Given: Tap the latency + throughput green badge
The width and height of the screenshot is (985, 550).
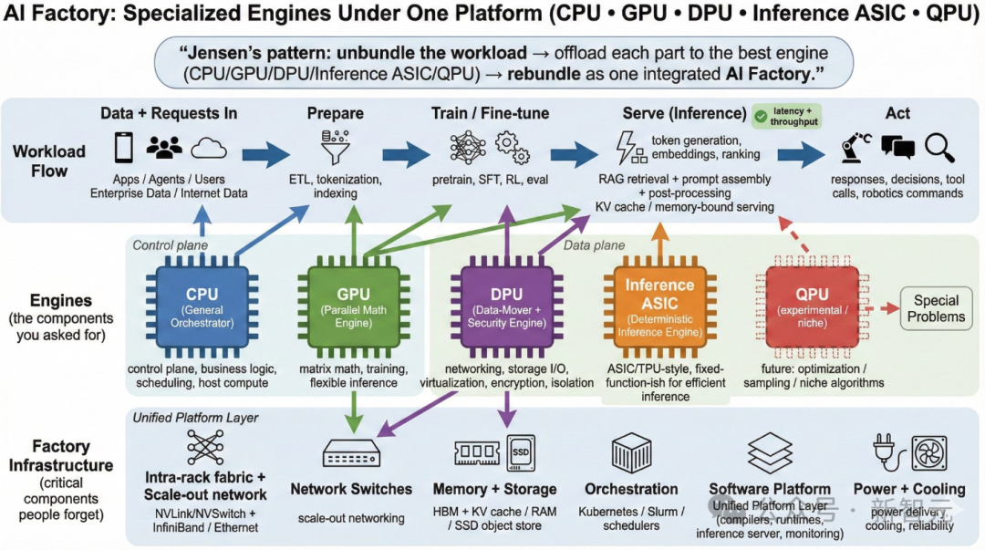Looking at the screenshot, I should click(786, 116).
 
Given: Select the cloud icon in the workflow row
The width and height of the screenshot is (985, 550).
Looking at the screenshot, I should click(209, 147).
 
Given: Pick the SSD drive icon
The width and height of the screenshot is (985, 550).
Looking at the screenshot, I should click(522, 452).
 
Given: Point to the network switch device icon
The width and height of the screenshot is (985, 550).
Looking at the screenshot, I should click(351, 453).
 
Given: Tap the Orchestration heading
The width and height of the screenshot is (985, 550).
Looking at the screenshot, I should click(631, 489).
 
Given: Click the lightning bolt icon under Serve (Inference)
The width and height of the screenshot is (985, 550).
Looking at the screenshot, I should click(628, 147).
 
